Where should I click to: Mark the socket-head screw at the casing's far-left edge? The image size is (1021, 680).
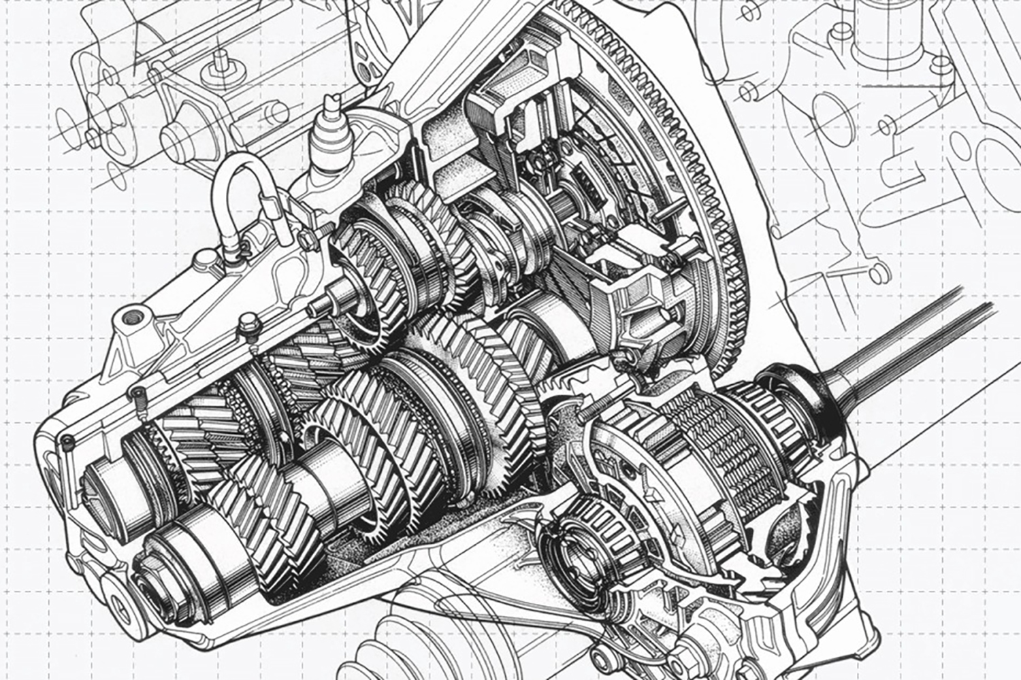click(67, 442)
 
